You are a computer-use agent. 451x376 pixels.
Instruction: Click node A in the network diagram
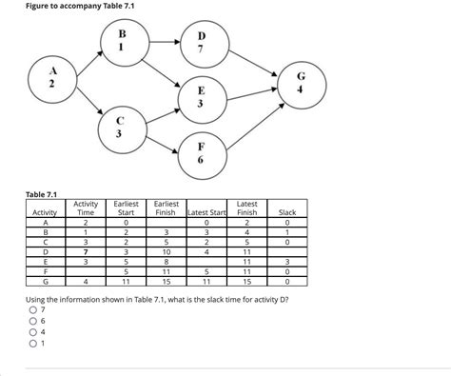pyautogui.click(x=53, y=80)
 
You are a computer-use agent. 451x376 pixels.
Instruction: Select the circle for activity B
pyautogui.click(x=122, y=42)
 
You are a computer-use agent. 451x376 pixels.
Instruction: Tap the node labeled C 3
pyautogui.click(x=120, y=129)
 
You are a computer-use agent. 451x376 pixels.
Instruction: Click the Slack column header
pyautogui.click(x=287, y=211)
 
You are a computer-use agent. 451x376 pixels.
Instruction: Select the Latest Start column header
pyautogui.click(x=206, y=211)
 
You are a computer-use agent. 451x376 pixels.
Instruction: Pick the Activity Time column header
pyautogui.click(x=86, y=208)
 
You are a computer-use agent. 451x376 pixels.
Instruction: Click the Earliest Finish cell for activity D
pyautogui.click(x=167, y=251)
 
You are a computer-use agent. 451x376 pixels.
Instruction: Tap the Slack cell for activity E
pyautogui.click(x=287, y=261)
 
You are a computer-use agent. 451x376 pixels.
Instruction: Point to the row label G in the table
pyautogui.click(x=44, y=281)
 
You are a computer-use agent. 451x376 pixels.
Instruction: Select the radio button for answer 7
pyautogui.click(x=33, y=310)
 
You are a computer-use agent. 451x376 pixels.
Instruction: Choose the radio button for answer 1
pyautogui.click(x=33, y=344)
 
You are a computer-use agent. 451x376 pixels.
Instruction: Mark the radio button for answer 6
pyautogui.click(x=33, y=322)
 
